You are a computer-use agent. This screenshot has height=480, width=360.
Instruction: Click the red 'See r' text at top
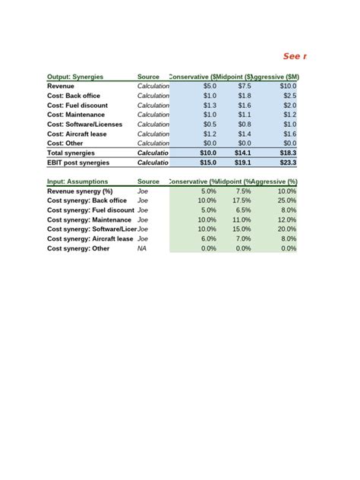295,56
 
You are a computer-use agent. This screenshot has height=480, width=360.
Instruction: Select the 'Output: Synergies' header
75,77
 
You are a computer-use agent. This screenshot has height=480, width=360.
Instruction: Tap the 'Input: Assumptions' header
77,182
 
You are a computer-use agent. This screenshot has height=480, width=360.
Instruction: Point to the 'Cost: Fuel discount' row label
77,106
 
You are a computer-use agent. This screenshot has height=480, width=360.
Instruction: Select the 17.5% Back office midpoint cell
241,201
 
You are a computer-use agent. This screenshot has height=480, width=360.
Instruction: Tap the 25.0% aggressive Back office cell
287,201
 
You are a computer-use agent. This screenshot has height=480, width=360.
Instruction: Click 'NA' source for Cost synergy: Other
142,248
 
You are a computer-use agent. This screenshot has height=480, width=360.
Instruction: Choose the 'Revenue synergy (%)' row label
80,191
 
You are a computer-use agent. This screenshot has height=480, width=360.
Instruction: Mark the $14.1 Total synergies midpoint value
242,153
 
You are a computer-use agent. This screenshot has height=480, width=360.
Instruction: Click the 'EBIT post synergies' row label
78,163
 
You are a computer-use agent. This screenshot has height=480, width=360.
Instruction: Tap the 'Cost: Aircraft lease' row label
78,134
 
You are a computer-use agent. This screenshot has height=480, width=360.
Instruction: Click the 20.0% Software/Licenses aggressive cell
287,229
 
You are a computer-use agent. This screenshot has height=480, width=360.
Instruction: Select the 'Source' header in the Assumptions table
148,182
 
